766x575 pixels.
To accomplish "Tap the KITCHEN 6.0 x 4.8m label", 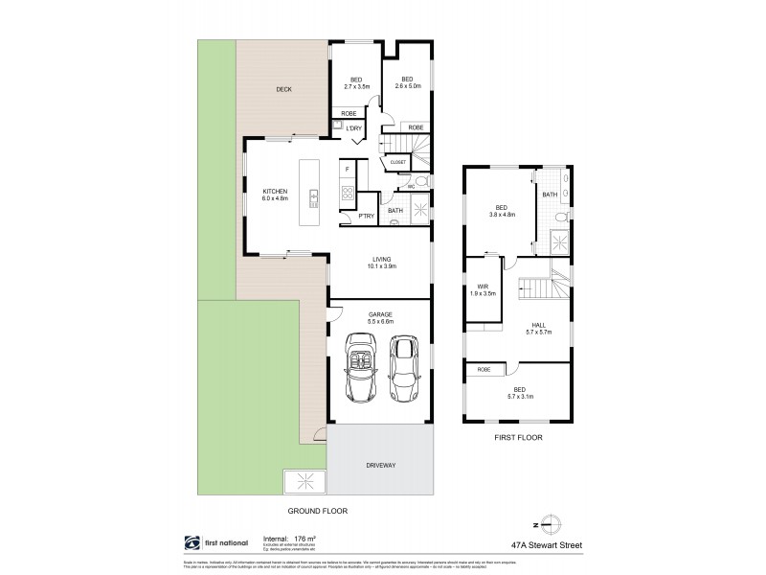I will [x=275, y=195].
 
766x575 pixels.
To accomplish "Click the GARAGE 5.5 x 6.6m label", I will [x=380, y=317].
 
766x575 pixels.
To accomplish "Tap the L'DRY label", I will [x=353, y=127].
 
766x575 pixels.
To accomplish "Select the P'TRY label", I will [x=365, y=217].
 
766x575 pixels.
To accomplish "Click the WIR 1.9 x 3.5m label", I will [x=484, y=289].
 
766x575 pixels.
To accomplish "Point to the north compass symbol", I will [x=547, y=522].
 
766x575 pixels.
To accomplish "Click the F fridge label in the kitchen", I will [x=346, y=169].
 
